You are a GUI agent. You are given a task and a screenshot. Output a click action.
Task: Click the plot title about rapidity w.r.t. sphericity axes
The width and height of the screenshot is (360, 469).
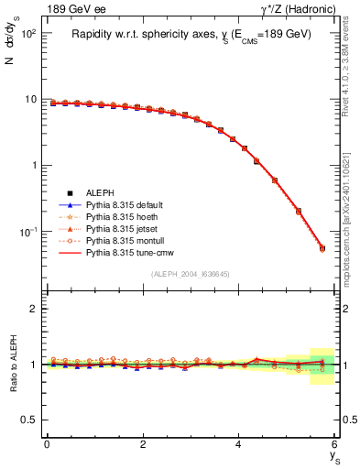(191, 34)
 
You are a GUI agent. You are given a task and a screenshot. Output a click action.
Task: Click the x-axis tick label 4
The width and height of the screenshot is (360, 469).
(239, 443)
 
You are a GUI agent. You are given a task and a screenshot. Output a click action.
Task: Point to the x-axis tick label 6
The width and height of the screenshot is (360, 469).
(335, 443)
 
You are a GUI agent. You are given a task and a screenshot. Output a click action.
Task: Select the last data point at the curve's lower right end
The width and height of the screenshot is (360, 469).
(322, 247)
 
